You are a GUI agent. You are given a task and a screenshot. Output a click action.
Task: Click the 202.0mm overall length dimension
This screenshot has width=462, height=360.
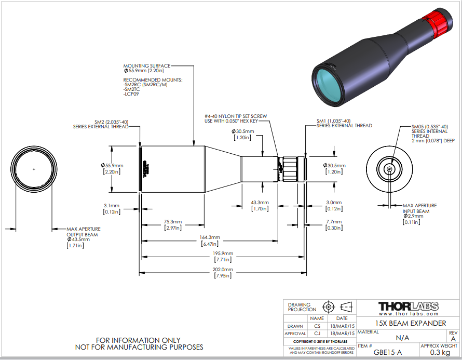pyautogui.click(x=223, y=270)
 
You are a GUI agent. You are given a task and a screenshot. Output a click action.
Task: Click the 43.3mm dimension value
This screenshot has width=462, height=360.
pyautogui.click(x=260, y=203)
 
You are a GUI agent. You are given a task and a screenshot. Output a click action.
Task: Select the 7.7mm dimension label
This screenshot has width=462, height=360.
pyautogui.click(x=333, y=222)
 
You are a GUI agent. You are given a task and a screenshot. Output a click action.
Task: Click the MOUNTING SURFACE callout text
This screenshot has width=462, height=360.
pyautogui.click(x=146, y=66)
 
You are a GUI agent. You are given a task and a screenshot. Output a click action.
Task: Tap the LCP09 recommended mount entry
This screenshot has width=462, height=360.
pyautogui.click(x=131, y=94)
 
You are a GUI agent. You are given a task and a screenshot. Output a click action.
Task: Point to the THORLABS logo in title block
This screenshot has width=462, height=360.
pyautogui.click(x=408, y=306)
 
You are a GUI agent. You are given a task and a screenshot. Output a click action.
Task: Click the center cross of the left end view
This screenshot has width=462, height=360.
pyautogui.click(x=34, y=169)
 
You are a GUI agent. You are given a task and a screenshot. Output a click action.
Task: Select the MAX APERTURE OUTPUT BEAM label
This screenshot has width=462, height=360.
pyautogui.click(x=83, y=232)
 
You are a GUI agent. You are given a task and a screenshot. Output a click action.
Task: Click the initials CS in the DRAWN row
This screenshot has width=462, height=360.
pyautogui.click(x=317, y=326)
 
